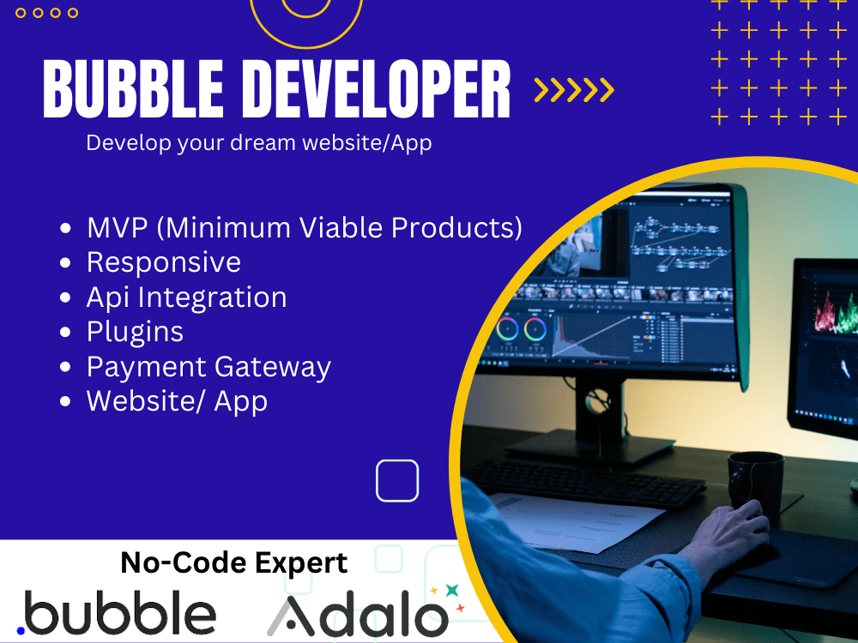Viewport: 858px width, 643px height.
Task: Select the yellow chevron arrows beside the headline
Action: (574, 90)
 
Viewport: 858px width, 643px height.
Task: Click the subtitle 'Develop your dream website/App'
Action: (258, 143)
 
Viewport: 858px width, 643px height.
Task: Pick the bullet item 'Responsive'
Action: (163, 262)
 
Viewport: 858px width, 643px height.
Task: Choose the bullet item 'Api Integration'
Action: (186, 297)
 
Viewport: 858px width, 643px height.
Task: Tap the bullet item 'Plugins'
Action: (135, 332)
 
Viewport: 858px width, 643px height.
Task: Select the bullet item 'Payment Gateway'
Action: (208, 367)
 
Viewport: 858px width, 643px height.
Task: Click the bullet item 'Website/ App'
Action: (177, 401)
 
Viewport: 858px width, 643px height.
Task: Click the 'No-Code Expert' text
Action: (234, 563)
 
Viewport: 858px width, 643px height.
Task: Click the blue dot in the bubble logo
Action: (21, 631)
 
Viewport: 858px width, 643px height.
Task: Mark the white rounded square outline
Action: (397, 480)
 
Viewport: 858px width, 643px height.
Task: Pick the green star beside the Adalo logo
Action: (451, 591)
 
